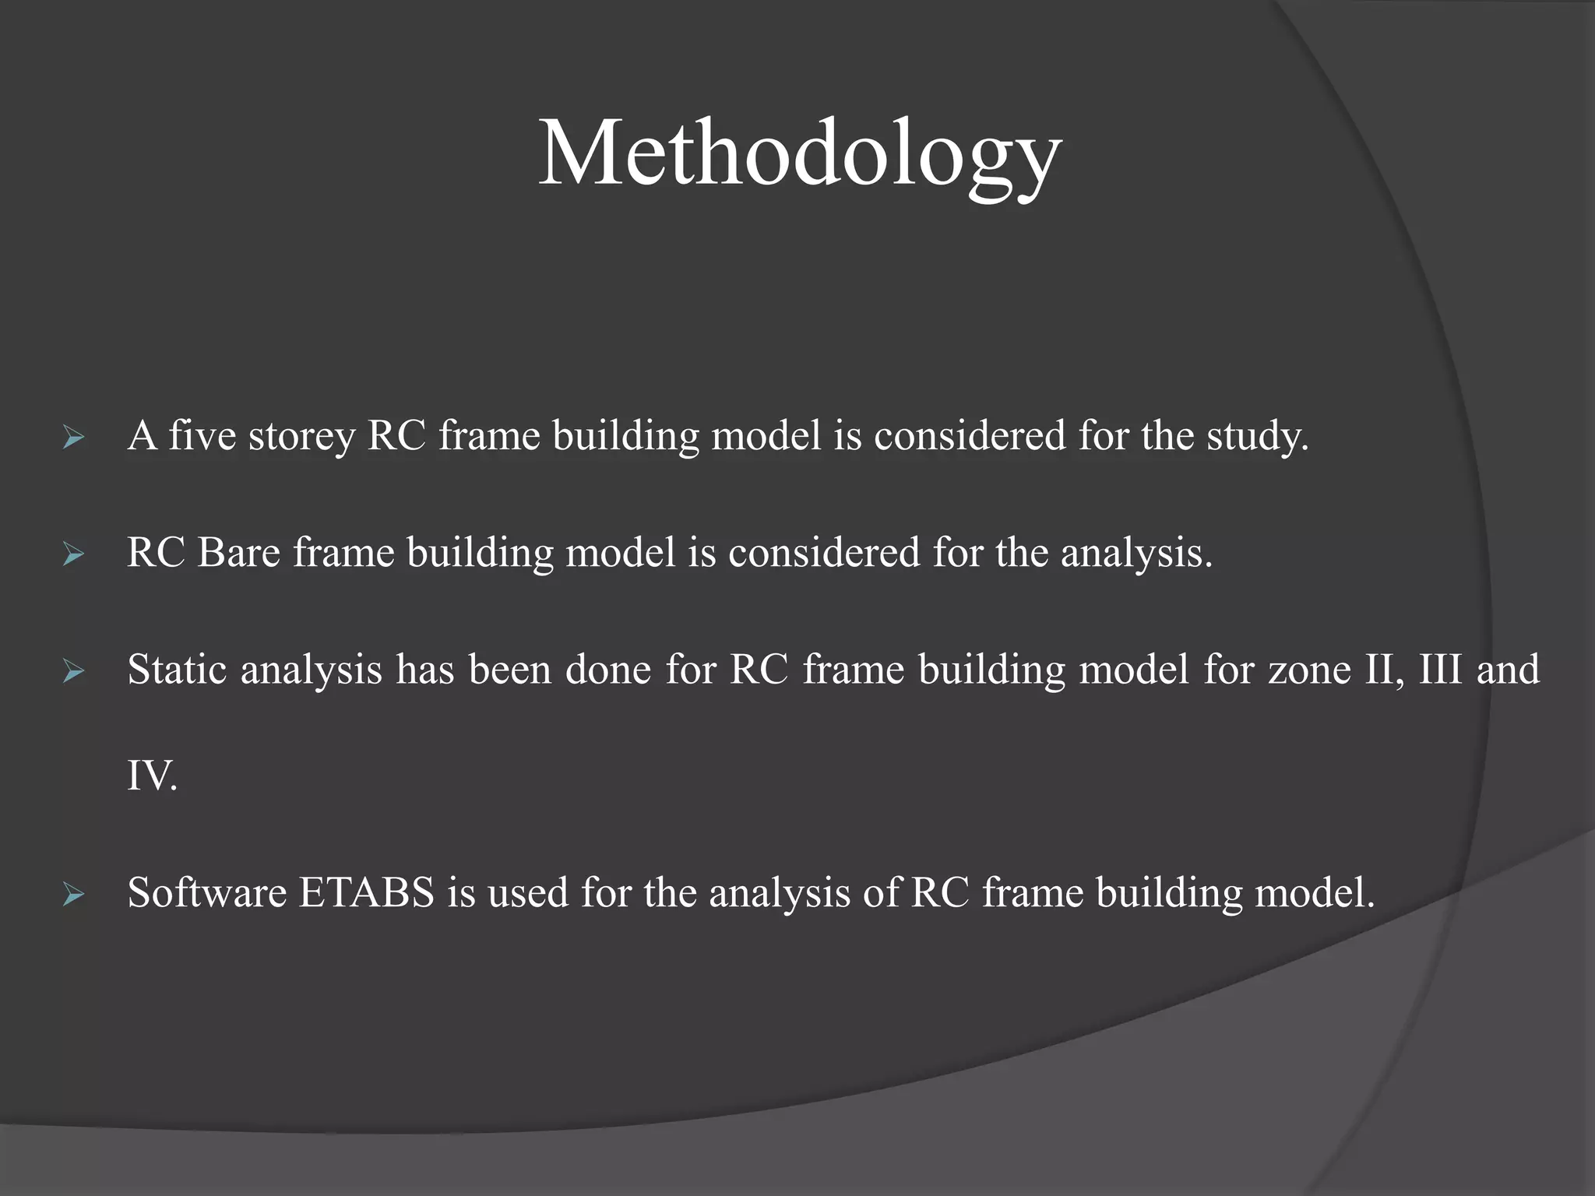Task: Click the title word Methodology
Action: pos(799,154)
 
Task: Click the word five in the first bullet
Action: pos(202,435)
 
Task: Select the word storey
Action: pos(301,437)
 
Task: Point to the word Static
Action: pos(177,670)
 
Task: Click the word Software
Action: pos(207,892)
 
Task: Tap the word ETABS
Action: pos(366,892)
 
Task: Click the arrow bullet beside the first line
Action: pos(73,438)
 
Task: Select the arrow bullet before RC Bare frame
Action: pos(73,555)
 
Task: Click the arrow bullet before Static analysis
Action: pos(73,671)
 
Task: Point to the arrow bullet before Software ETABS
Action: pos(73,895)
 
